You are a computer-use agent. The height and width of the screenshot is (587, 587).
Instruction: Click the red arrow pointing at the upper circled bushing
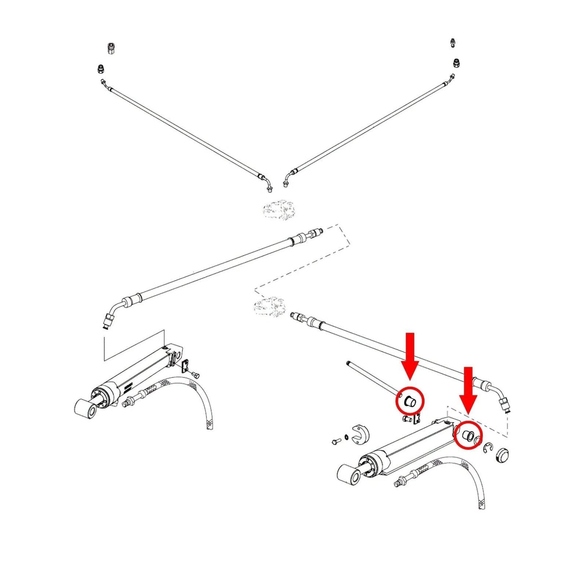(410, 355)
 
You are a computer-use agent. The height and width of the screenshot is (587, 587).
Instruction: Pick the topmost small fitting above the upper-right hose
(453, 43)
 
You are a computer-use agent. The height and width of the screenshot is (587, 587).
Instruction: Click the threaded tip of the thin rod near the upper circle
(349, 363)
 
